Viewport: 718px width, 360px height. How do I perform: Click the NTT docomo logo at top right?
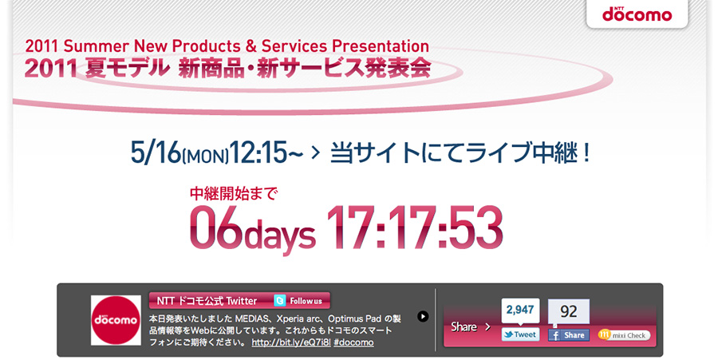click(x=637, y=14)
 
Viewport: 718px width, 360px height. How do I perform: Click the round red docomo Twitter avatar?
click(x=116, y=320)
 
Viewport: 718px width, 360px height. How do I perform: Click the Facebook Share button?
click(x=569, y=335)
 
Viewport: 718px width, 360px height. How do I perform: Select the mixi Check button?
click(x=624, y=335)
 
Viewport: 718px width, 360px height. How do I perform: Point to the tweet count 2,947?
click(x=520, y=310)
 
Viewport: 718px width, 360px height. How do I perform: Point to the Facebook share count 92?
click(x=569, y=311)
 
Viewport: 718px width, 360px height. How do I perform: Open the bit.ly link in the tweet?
click(x=291, y=342)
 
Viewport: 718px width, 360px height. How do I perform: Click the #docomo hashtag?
click(x=353, y=342)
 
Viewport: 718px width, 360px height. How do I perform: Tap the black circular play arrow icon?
click(x=423, y=316)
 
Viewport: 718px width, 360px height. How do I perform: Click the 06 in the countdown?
click(x=215, y=227)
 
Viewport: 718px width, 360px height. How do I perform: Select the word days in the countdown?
click(x=279, y=235)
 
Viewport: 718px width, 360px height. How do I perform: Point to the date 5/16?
click(x=156, y=152)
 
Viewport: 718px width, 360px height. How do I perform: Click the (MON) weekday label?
click(x=205, y=157)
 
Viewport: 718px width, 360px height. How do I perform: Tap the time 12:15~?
click(x=266, y=152)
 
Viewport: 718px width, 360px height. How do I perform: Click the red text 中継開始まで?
click(x=234, y=194)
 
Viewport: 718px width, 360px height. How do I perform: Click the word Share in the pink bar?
click(x=464, y=326)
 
